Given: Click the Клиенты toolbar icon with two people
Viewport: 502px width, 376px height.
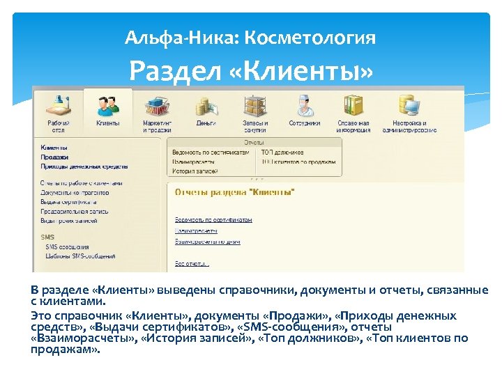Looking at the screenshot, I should tap(107, 105).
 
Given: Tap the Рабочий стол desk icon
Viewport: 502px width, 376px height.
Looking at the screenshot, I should tap(58, 105).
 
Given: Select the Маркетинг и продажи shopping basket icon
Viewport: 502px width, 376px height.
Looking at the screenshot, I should tap(157, 105).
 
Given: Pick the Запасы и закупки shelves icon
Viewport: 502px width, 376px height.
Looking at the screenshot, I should tap(254, 105).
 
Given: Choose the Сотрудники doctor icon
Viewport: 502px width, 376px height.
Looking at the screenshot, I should tap(304, 105).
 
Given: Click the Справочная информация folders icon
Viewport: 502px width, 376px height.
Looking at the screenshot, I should tap(353, 105).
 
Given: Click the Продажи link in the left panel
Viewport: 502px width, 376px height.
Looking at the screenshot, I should tap(54, 157).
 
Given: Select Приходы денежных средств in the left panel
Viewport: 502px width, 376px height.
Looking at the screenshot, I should tap(84, 166).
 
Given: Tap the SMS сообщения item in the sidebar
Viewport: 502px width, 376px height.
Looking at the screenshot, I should tap(67, 246).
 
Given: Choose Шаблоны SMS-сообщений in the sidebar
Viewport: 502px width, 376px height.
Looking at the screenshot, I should tap(80, 256).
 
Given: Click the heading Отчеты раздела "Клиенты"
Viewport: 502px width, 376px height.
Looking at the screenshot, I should tap(235, 191).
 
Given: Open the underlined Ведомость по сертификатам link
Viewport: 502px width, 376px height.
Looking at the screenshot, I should tap(213, 219).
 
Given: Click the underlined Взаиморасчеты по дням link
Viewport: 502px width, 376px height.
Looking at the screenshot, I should tap(207, 242).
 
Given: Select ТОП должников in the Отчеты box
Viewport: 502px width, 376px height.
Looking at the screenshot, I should tap(282, 151).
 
